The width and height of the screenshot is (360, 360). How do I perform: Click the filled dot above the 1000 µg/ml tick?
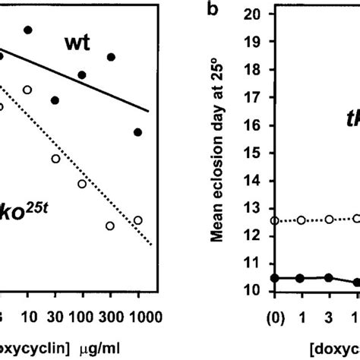(137, 132)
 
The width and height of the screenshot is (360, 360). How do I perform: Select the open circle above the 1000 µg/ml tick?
(137, 220)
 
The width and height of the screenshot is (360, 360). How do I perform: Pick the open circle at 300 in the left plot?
(110, 226)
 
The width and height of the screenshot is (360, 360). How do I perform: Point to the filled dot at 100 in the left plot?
(82, 74)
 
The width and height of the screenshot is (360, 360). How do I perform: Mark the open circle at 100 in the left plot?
(82, 184)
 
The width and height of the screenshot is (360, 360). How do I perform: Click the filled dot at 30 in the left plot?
(55, 100)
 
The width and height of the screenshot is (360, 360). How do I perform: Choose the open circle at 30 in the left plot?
(55, 158)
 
